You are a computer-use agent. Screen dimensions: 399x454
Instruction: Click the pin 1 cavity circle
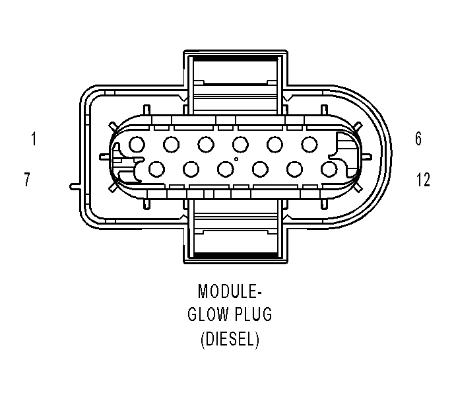[137, 143]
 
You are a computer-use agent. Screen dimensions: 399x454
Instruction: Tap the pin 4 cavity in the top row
[240, 143]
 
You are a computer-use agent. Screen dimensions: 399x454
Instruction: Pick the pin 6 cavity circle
[309, 143]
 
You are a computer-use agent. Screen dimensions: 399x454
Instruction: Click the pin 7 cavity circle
[156, 169]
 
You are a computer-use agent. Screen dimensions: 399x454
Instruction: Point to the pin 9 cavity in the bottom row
[225, 169]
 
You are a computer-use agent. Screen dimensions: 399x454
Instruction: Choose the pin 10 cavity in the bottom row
[259, 169]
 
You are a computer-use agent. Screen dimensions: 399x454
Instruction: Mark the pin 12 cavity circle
[328, 169]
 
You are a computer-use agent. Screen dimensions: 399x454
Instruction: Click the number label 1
[32, 139]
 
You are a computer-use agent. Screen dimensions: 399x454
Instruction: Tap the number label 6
[418, 139]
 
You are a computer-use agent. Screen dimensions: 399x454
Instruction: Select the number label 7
[27, 180]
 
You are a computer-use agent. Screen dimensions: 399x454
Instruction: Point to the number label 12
[423, 180]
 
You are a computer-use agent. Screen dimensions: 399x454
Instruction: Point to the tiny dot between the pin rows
[236, 159]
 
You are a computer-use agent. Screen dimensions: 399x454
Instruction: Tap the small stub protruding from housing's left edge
[75, 186]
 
